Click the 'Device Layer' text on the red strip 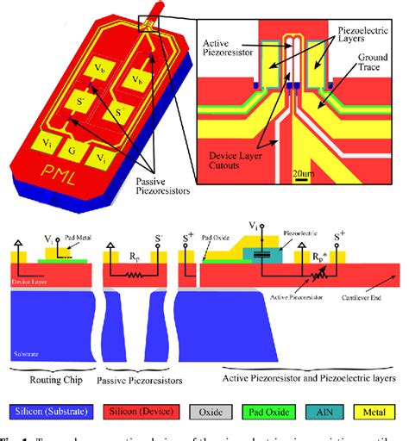pyautogui.click(x=27, y=280)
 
